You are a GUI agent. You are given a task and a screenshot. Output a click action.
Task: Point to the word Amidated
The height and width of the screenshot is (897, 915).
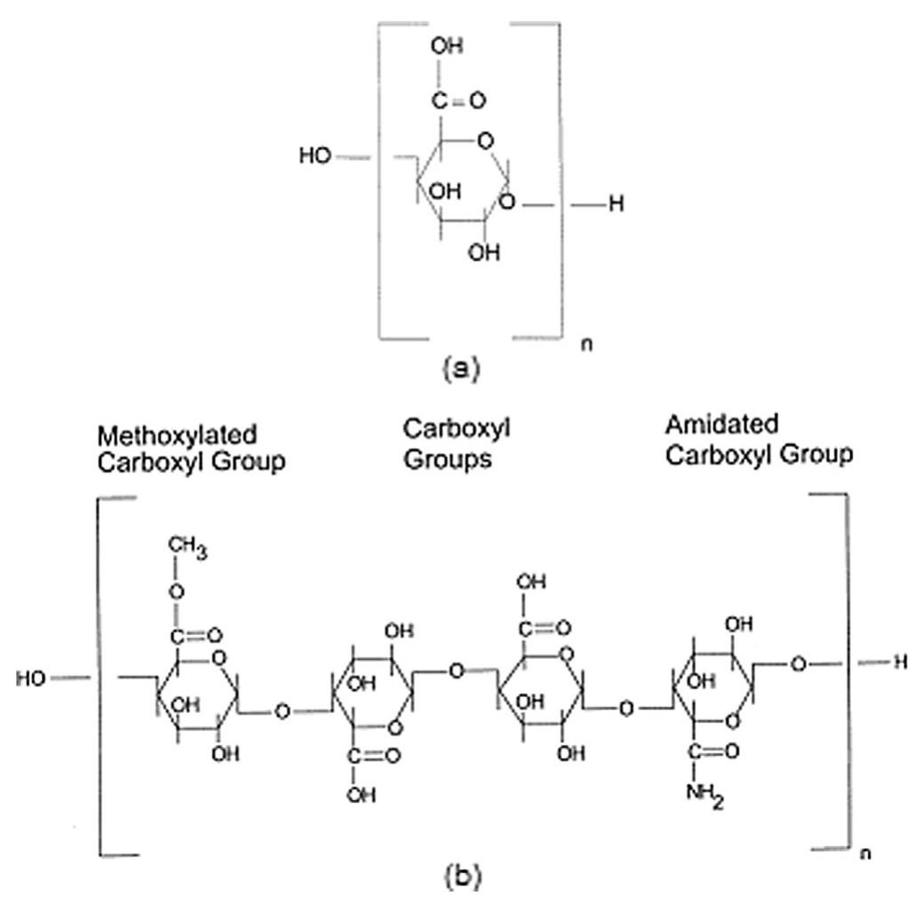(x=721, y=422)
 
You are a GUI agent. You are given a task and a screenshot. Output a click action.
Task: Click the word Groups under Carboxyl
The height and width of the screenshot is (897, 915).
(x=448, y=461)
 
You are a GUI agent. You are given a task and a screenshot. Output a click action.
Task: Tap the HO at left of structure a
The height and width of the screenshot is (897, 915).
(x=315, y=156)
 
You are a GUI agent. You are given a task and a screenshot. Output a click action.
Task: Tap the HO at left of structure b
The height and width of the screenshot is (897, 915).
(x=33, y=679)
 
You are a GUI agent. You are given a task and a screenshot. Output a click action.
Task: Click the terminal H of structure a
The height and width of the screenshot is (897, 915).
(x=616, y=205)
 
